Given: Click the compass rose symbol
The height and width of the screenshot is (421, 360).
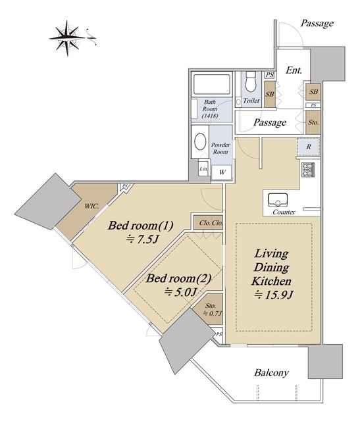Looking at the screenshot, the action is point(67,38).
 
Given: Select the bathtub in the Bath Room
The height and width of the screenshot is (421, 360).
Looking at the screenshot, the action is point(212,84).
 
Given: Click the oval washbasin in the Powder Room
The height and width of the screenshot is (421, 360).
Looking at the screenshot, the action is point(200,142).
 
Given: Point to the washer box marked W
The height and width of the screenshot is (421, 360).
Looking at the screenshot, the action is point(222,172).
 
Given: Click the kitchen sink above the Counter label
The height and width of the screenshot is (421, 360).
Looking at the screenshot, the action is point(278,200).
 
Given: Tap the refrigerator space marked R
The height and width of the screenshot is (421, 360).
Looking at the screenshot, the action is point(309,147).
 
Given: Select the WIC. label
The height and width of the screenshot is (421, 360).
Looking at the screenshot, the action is point(91,206).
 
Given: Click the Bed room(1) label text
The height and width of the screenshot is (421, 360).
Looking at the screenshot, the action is point(140,226).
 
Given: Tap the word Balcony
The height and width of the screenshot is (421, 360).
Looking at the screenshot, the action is point(271,373).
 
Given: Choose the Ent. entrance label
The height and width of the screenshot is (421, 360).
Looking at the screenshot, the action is point(294,70).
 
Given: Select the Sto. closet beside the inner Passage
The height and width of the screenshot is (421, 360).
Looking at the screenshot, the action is point(313,122).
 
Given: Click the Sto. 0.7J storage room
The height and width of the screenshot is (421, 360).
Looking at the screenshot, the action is point(212,309).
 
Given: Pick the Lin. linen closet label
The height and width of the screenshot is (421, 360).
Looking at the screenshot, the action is point(203,168).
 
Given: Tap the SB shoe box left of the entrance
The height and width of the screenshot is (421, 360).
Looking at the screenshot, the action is point(270,94).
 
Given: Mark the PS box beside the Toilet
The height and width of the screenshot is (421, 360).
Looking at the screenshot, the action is point(269,75).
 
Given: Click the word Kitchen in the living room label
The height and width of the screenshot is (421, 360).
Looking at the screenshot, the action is point(271,281).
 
